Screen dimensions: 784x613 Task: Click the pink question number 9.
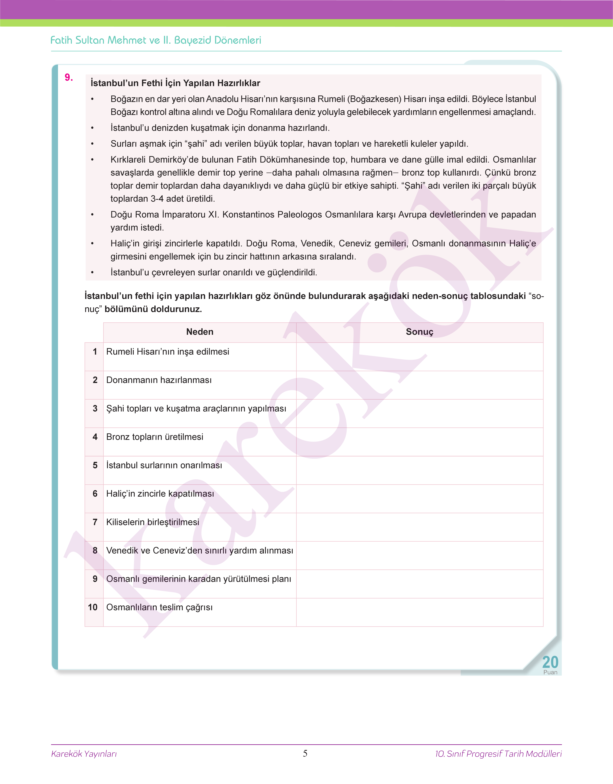[x=69, y=78]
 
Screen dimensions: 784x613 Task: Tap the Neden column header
[x=200, y=332]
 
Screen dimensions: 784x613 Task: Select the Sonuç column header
[x=420, y=332]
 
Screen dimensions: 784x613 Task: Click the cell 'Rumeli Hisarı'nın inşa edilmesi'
[x=168, y=352]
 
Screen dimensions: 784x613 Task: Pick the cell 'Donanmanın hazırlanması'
[x=159, y=380]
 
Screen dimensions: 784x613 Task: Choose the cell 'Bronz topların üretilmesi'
[x=155, y=437]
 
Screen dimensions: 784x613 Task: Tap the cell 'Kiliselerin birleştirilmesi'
[x=153, y=522]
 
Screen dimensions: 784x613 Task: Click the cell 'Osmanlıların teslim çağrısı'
[x=159, y=607]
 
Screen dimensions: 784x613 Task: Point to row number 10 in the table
[x=93, y=607]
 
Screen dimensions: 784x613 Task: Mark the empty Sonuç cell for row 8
[x=420, y=555]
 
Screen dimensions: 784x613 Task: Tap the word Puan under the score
[x=550, y=672]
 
